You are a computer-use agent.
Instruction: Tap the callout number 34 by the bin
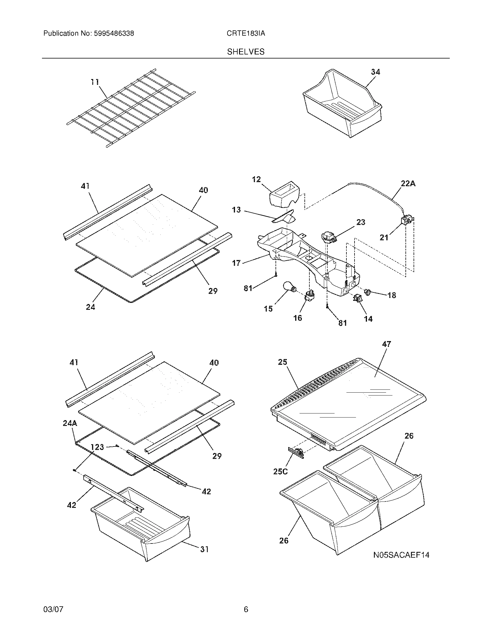point(375,72)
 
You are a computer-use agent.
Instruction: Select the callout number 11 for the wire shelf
point(95,82)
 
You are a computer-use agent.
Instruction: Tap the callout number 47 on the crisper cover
point(386,344)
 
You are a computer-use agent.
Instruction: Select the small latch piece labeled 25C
point(296,453)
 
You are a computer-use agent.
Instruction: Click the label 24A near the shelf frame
point(70,423)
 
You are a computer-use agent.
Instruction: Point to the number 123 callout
point(97,447)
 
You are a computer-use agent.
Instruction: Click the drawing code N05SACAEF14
point(401,555)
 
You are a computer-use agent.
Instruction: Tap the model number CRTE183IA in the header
point(246,34)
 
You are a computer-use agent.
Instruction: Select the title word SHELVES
point(246,52)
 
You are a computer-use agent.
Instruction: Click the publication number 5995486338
point(113,34)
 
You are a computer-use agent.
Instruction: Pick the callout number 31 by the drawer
point(204,549)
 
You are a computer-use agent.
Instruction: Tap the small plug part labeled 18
point(367,291)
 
